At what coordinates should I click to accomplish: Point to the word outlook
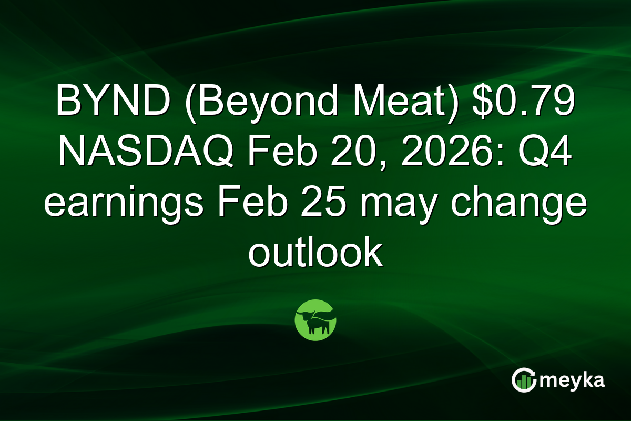[315, 254]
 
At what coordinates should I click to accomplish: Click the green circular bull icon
[315, 320]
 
